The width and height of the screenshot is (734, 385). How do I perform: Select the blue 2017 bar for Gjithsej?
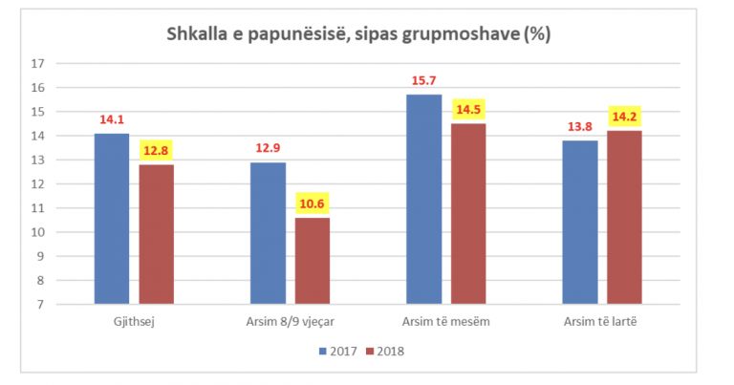(111, 219)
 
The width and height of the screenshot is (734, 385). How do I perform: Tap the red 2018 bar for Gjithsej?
(156, 234)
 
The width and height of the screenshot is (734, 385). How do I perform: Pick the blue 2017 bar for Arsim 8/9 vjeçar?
(268, 233)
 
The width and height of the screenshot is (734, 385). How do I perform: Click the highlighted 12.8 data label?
(156, 150)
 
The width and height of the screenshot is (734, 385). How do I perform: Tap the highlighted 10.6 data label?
(313, 203)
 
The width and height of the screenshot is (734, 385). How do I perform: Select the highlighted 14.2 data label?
(625, 117)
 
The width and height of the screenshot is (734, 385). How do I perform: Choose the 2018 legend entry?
(385, 351)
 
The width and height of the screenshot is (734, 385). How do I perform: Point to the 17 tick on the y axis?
(39, 64)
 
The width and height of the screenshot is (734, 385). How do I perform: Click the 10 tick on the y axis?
(39, 232)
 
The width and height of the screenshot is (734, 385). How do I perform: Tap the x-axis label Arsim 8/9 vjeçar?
(290, 320)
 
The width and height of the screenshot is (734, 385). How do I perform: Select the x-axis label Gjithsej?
(134, 320)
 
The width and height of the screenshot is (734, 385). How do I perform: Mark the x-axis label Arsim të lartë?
(602, 320)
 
